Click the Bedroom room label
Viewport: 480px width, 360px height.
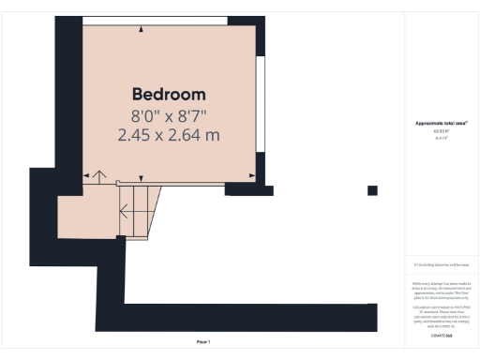click(169, 95)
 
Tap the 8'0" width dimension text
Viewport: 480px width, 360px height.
click(146, 116)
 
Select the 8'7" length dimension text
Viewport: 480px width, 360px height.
click(189, 116)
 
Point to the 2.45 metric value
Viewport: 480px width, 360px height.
click(138, 136)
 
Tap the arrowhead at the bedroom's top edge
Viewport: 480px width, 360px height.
click(142, 29)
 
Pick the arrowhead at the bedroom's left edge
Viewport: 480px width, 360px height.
click(86, 175)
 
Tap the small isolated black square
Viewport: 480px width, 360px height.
click(372, 190)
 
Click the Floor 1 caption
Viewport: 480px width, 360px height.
click(203, 342)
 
